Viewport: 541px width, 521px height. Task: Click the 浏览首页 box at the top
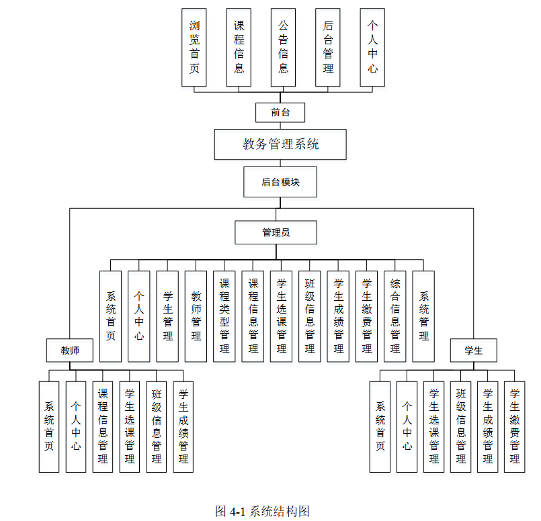194,47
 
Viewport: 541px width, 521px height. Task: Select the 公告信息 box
284,47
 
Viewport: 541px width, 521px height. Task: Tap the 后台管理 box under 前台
328,47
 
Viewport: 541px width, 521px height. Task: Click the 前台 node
280,112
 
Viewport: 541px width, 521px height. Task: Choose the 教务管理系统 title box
280,144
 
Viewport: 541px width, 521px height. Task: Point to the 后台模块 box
280,182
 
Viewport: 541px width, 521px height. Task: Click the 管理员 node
276,233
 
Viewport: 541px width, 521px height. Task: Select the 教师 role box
70,350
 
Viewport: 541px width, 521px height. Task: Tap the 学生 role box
473,350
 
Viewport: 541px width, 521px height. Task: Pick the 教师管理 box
196,316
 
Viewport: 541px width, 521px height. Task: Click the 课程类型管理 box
224,316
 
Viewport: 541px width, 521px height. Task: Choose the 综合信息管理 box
395,316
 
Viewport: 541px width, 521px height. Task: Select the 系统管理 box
423,316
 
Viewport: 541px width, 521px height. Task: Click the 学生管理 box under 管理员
167,316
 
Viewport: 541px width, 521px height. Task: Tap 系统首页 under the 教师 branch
49,426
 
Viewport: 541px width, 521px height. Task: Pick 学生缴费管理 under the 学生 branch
514,426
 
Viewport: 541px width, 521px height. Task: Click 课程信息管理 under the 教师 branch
103,426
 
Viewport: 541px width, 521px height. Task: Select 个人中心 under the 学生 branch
407,426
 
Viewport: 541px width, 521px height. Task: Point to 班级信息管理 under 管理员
310,316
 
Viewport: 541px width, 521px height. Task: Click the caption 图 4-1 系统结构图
262,511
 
